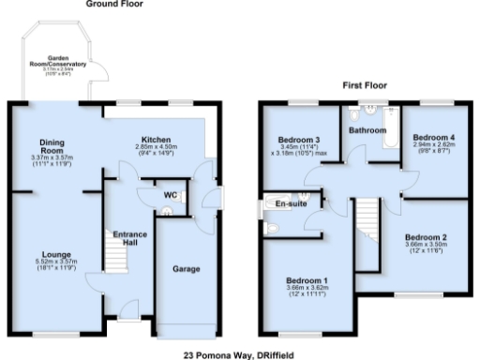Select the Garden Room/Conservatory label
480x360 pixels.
pyautogui.click(x=58, y=65)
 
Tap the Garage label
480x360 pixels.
pyautogui.click(x=187, y=269)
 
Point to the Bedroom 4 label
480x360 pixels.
pyautogui.click(x=432, y=138)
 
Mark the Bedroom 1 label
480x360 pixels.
pyautogui.click(x=307, y=281)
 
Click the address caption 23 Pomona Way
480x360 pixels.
pyautogui.click(x=239, y=354)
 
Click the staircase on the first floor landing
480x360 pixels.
pyautogui.click(x=367, y=238)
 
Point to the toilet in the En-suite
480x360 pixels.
pyautogui.click(x=273, y=228)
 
